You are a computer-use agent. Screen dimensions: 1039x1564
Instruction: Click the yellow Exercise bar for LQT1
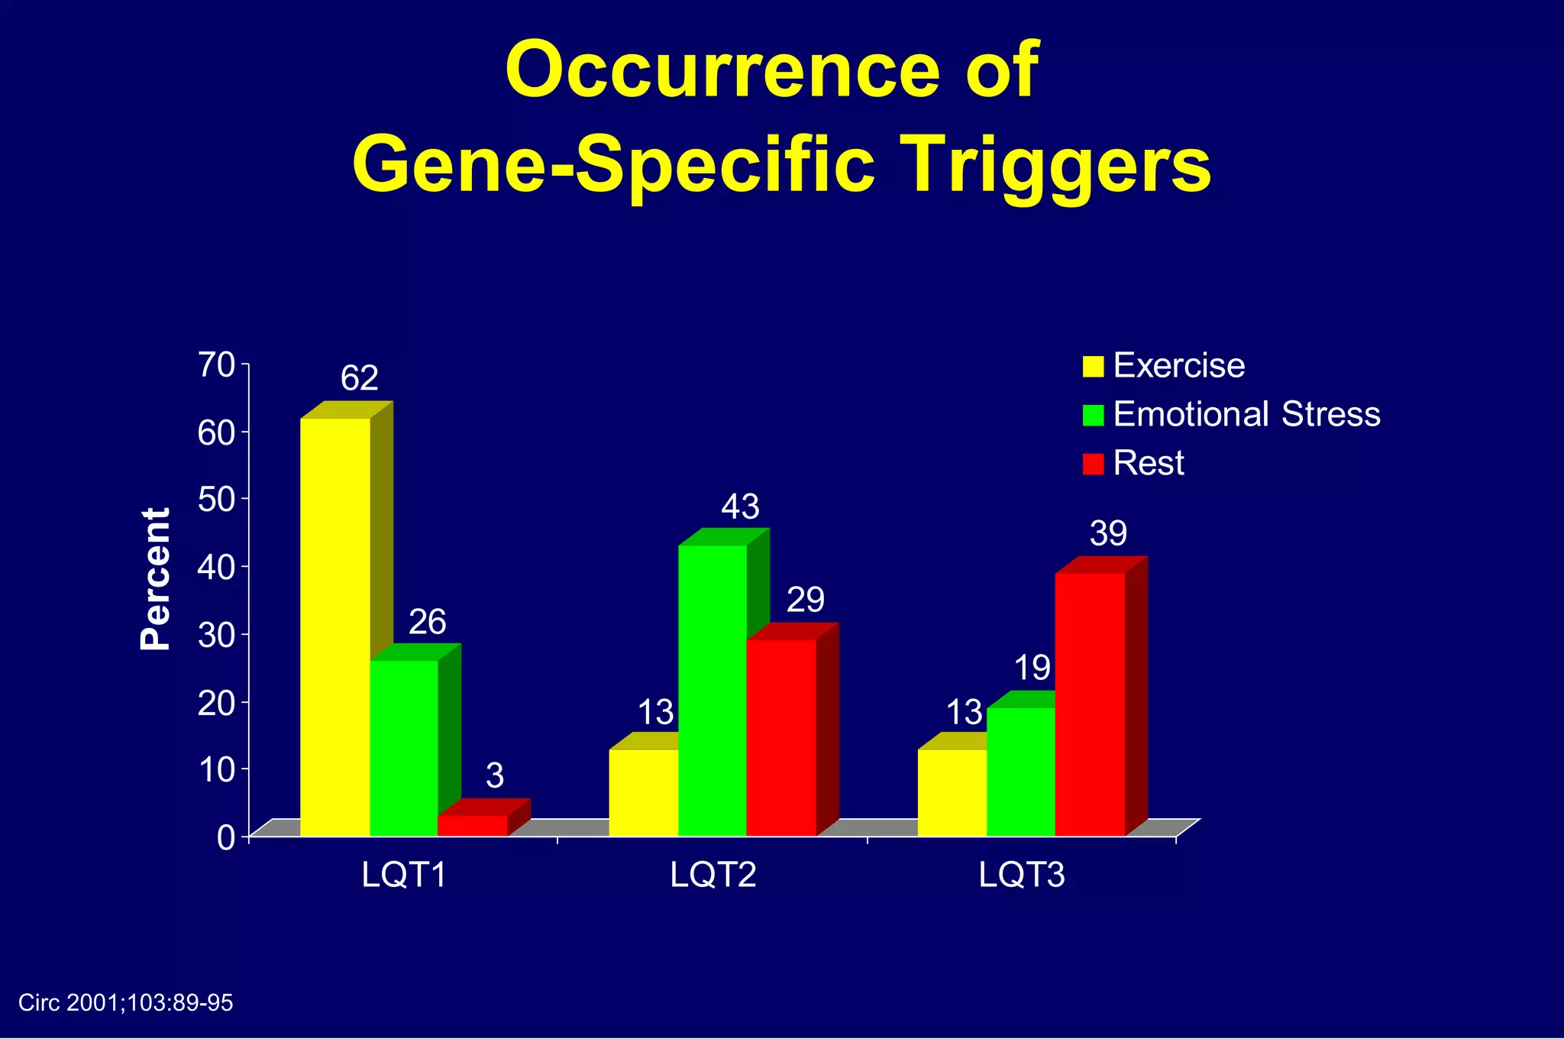click(x=334, y=626)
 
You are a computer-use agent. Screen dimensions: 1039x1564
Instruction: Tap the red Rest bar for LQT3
click(x=1090, y=704)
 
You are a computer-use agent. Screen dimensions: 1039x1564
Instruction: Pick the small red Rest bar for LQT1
click(x=472, y=826)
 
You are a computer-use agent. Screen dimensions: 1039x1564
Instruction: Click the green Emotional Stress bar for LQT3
click(x=1020, y=772)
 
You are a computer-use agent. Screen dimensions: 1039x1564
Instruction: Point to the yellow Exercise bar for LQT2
click(x=643, y=792)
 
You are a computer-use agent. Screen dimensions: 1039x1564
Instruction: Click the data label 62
click(x=359, y=379)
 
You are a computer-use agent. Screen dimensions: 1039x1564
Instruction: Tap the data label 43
click(x=740, y=507)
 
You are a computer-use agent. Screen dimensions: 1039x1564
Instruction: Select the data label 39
click(x=1107, y=534)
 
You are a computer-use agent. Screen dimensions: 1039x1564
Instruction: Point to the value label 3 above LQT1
click(x=495, y=776)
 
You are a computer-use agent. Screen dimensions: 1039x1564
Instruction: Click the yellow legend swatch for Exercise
click(x=1093, y=367)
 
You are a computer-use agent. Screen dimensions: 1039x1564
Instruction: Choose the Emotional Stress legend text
click(x=1246, y=414)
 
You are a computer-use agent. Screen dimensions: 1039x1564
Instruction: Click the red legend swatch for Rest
click(x=1093, y=464)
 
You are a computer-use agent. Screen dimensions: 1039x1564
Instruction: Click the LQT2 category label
click(x=713, y=875)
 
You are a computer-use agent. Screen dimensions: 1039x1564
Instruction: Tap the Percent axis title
click(x=156, y=578)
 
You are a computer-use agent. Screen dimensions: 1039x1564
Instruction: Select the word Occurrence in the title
click(x=722, y=70)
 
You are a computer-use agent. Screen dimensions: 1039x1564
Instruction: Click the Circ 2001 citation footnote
click(x=125, y=1003)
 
